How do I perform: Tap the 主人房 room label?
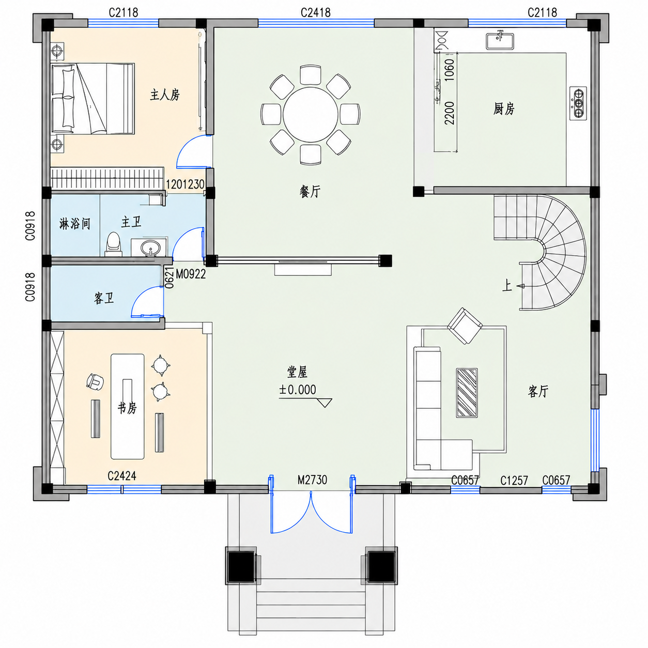click(x=165, y=95)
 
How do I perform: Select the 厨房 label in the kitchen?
click(x=504, y=109)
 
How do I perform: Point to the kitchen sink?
click(x=500, y=40)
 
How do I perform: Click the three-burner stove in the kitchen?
click(x=578, y=103)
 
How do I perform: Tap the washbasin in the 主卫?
click(x=150, y=248)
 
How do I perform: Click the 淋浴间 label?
click(x=75, y=224)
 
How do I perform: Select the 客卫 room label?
click(x=104, y=298)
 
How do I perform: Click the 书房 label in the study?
click(x=127, y=408)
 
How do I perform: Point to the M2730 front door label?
click(x=313, y=480)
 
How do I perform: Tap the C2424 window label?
click(x=122, y=476)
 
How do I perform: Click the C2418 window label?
click(x=315, y=12)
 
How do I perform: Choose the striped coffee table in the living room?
click(x=467, y=393)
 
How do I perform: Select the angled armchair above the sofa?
click(x=465, y=326)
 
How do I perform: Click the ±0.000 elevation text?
click(x=298, y=390)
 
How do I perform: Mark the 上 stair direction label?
click(x=507, y=286)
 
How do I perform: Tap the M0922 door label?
click(x=191, y=274)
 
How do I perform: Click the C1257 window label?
click(x=514, y=481)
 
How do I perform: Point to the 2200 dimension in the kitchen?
click(x=449, y=113)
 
